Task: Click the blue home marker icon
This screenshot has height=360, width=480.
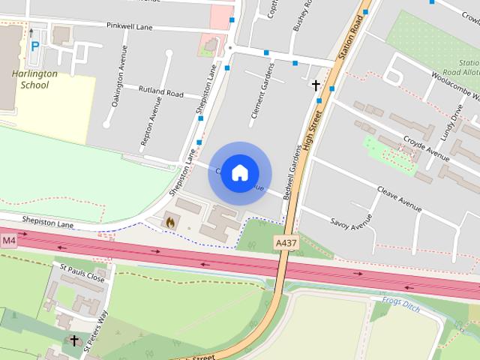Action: click(239, 172)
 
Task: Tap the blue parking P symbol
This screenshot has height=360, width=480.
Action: click(35, 46)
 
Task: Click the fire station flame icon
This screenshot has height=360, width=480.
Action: click(169, 222)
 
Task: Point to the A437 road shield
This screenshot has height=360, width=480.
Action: click(286, 244)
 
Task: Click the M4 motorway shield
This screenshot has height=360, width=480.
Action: click(8, 240)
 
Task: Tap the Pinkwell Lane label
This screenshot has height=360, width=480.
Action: click(130, 26)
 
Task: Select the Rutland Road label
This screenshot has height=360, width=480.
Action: click(161, 91)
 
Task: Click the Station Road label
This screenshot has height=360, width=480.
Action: click(355, 34)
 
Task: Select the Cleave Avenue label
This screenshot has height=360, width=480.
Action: click(399, 198)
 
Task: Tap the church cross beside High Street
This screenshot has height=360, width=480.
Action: click(316, 85)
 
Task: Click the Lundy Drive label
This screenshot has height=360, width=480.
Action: click(454, 117)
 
